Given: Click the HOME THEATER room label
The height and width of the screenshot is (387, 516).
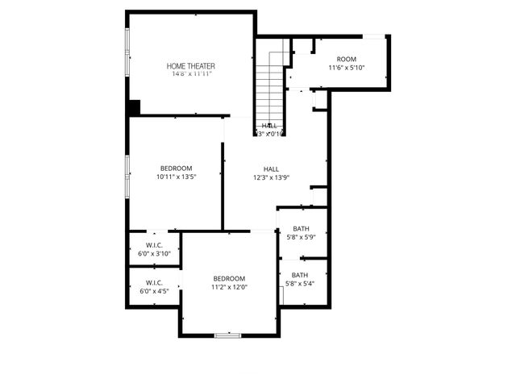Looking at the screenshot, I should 191,65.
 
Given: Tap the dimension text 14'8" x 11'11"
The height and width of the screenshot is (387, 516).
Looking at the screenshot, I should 191,74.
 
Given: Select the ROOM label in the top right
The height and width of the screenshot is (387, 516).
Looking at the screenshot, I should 346,59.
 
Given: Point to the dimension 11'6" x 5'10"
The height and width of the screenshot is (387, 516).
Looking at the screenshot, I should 346,68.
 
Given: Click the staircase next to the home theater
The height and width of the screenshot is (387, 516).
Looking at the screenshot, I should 272,85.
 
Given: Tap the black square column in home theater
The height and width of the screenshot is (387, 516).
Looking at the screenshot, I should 135,107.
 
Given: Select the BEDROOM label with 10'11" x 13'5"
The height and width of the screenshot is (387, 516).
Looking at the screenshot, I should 176,168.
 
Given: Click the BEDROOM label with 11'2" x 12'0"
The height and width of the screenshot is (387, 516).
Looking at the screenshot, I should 229,278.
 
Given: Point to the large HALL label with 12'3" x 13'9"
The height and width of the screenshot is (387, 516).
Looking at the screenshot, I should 271,169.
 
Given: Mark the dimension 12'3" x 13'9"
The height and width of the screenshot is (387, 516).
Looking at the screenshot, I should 271,177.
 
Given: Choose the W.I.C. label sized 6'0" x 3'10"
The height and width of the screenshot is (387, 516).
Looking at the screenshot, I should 154,244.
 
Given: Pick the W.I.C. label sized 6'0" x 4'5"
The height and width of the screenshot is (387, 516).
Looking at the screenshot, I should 154,282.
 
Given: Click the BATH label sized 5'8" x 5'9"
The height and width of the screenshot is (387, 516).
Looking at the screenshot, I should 301,229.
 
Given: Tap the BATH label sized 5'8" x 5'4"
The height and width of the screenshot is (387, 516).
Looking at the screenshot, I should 301,275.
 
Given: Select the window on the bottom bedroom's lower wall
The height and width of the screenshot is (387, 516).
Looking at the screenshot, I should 228,335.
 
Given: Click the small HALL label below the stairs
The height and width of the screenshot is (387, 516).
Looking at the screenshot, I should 269,126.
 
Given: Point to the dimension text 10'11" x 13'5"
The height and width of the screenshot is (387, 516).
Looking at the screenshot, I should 176,177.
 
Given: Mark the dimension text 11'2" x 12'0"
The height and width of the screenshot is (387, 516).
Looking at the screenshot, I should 229,287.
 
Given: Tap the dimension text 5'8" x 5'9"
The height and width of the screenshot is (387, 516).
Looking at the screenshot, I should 301,238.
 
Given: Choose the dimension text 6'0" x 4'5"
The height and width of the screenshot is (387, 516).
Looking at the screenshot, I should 154,291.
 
